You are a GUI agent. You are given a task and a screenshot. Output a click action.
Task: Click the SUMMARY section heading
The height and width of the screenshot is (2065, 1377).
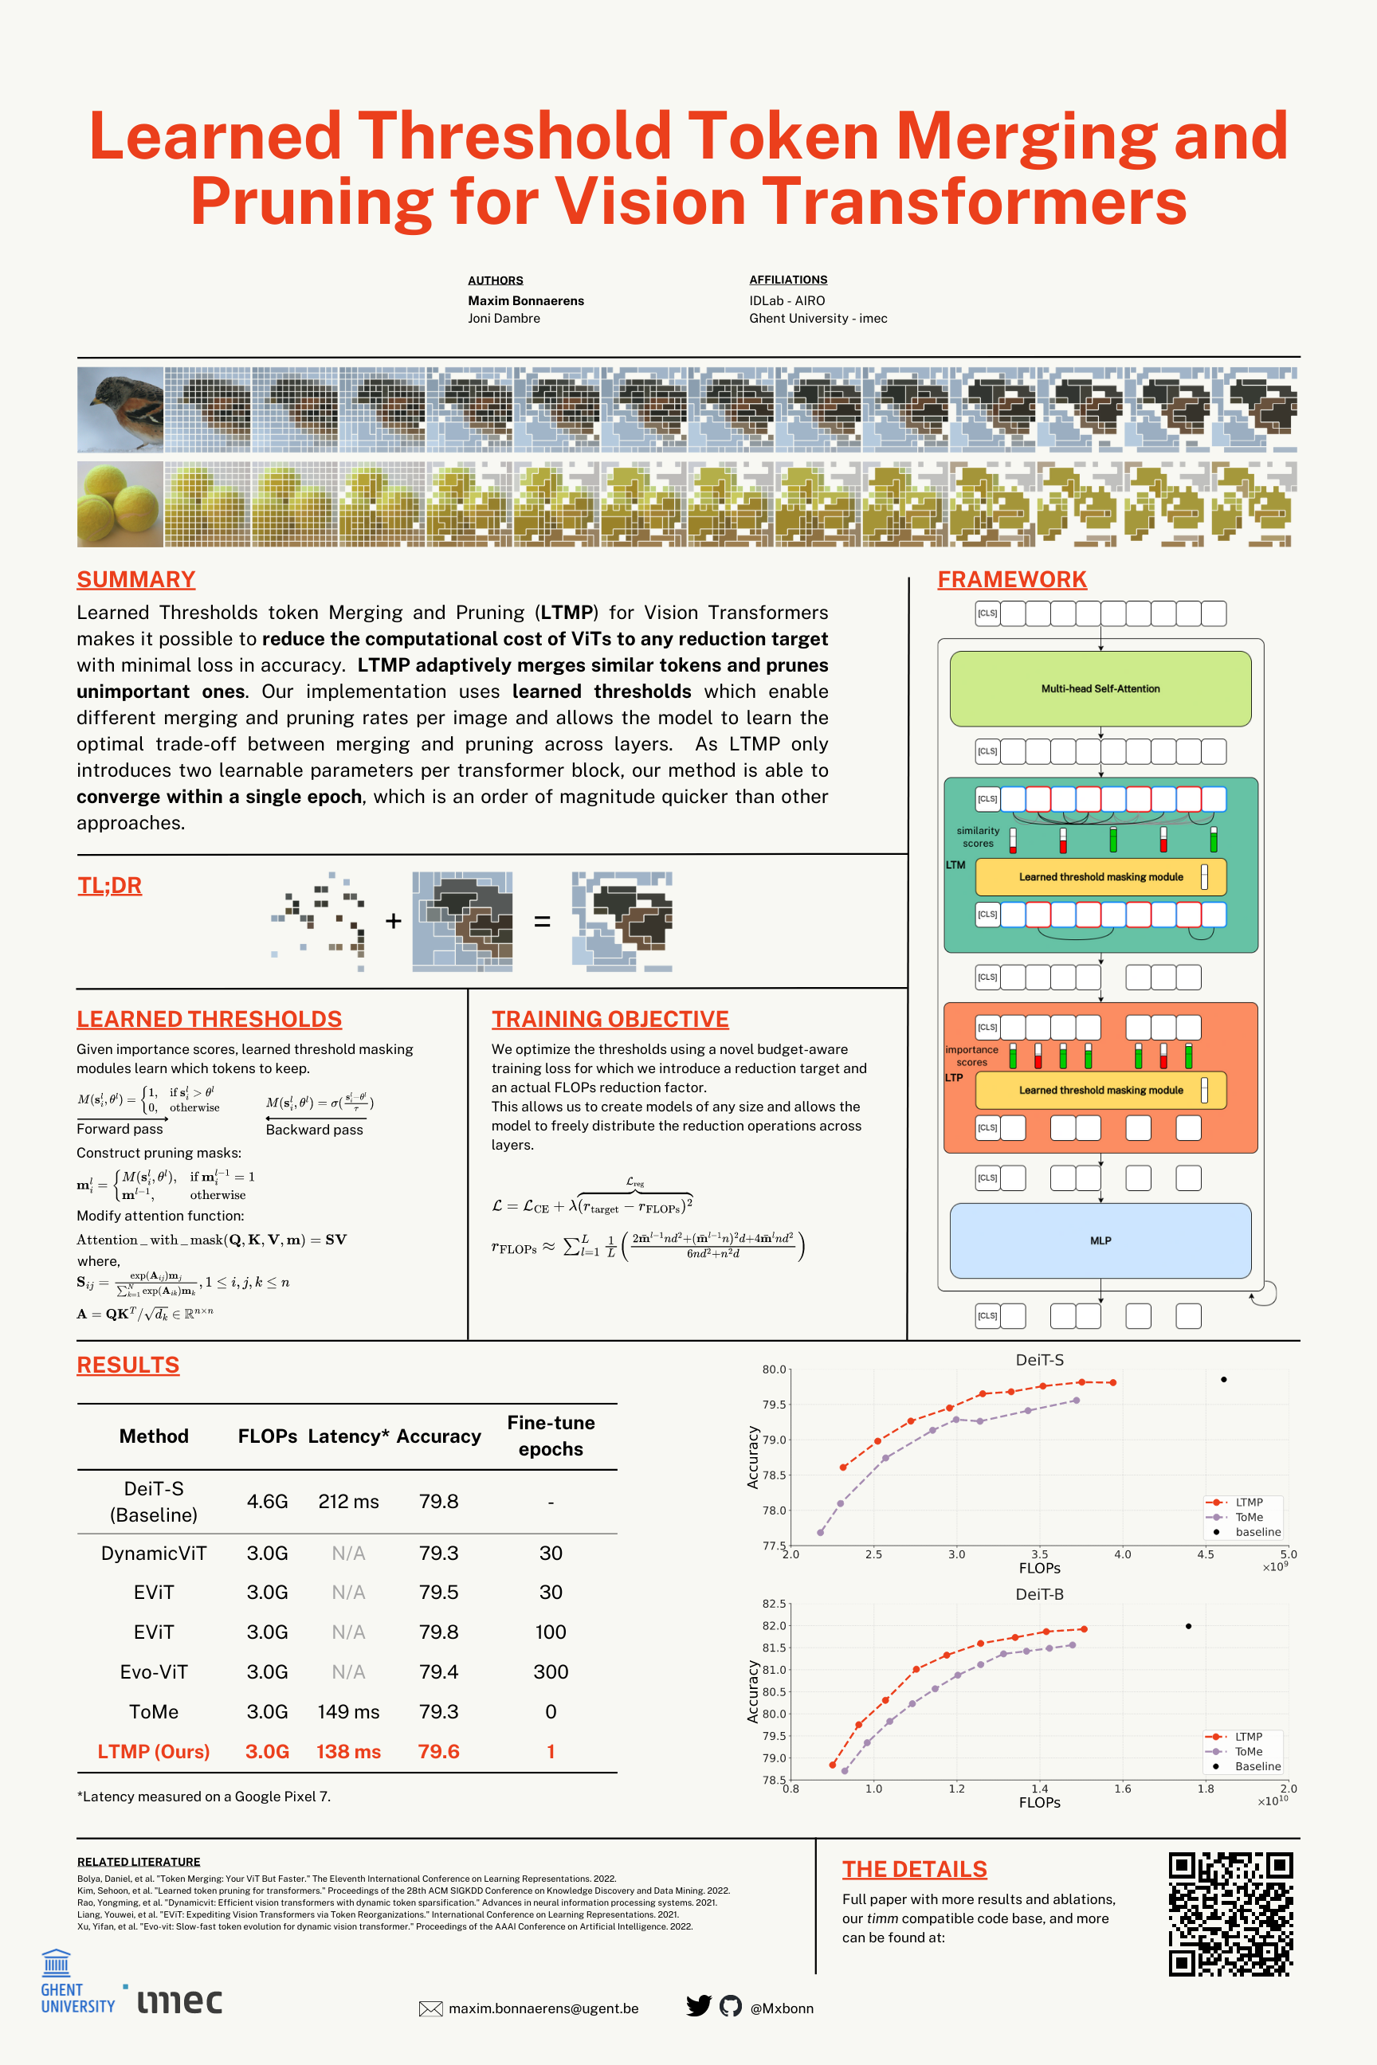point(135,579)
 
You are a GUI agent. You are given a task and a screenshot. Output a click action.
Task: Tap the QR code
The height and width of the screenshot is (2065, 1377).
point(1230,1913)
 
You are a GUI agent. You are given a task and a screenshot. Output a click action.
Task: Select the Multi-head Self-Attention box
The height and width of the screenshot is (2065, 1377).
point(1100,688)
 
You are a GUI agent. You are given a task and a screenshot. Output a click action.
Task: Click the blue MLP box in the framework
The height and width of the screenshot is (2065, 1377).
point(1100,1240)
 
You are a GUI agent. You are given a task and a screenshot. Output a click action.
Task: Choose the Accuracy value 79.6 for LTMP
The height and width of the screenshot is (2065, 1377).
point(438,1750)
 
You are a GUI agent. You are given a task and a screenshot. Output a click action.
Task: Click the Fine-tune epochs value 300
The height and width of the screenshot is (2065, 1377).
point(551,1671)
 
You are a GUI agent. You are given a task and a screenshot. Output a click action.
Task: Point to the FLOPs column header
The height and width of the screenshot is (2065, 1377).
point(267,1436)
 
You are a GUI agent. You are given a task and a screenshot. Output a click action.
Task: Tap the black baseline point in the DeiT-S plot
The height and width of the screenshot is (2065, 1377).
point(1223,1379)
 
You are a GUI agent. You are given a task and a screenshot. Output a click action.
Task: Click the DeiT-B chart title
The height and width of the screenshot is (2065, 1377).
point(1039,1593)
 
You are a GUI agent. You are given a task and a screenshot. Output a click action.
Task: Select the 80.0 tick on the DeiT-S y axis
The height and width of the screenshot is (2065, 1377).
point(774,1369)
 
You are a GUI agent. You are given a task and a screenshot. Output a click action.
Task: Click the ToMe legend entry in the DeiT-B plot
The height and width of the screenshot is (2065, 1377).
point(1248,1752)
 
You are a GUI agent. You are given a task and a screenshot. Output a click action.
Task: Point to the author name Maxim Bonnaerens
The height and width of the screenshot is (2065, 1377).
point(525,300)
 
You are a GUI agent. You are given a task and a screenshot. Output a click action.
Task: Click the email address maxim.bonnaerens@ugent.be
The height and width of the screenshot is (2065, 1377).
point(543,2008)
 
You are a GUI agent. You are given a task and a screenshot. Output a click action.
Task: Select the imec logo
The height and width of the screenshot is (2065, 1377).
point(180,2001)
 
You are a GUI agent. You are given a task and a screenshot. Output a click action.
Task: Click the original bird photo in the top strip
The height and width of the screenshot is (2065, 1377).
point(120,409)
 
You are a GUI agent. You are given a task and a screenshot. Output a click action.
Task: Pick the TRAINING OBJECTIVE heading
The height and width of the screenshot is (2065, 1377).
point(610,1018)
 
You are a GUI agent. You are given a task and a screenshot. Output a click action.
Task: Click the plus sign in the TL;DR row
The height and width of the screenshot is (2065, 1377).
point(394,920)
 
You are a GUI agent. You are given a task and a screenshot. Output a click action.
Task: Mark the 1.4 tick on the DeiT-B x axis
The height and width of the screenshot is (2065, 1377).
point(1039,1789)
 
